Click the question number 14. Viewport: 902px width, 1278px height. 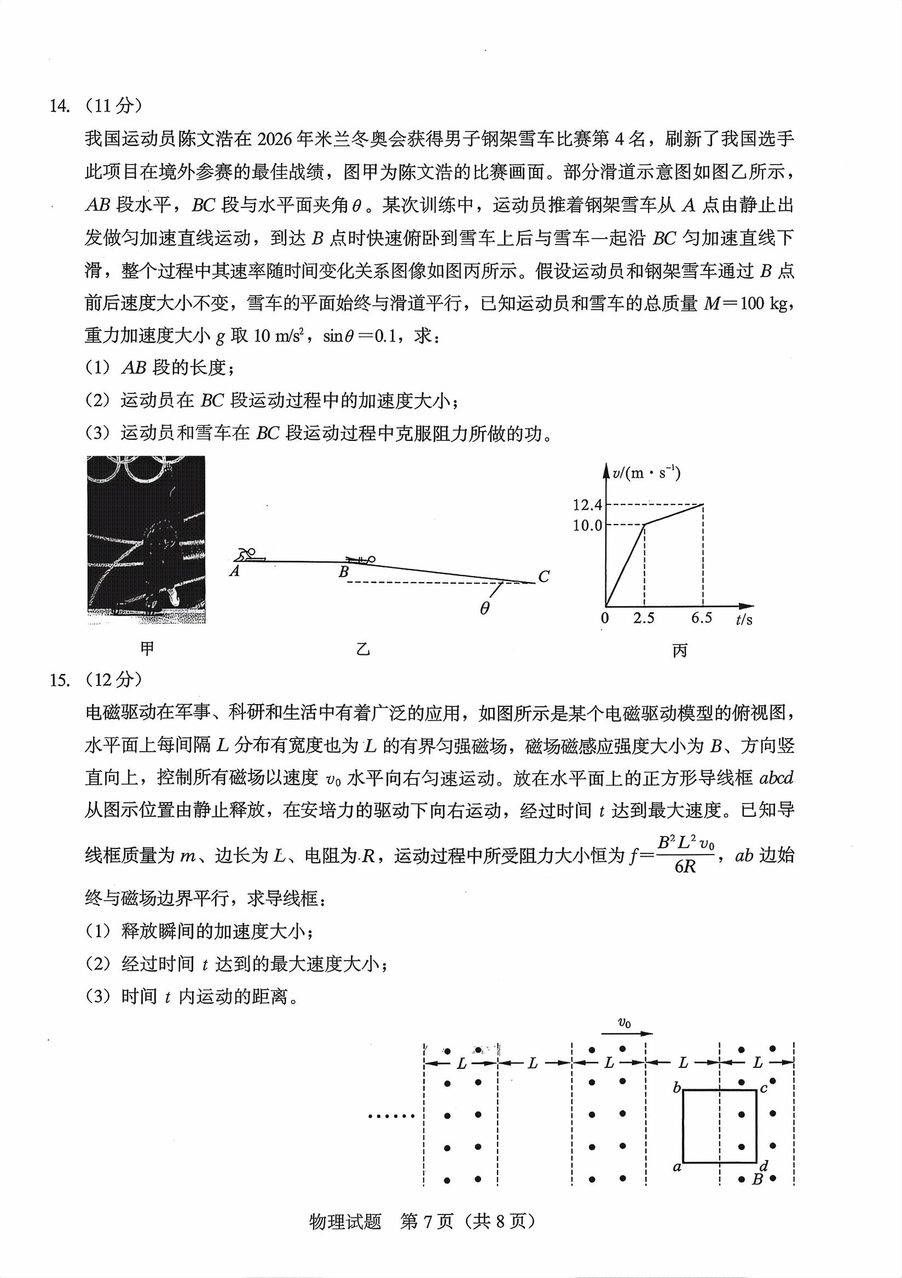[60, 106]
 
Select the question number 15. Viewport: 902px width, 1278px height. [60, 679]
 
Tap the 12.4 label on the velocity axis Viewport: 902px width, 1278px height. [587, 505]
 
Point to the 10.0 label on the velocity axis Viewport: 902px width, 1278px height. [587, 525]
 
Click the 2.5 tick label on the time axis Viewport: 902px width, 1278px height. [644, 618]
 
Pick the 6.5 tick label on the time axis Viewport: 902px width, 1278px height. [702, 618]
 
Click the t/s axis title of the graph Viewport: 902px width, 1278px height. [744, 619]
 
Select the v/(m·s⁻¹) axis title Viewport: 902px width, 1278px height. [646, 473]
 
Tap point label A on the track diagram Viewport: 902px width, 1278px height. [234, 571]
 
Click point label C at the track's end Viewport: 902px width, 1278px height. [544, 577]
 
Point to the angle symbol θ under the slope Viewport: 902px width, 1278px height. [484, 609]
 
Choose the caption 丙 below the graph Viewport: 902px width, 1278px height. [680, 650]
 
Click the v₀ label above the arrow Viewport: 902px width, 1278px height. [625, 1022]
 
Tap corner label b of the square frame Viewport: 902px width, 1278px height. [677, 1088]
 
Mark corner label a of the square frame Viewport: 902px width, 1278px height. [677, 1167]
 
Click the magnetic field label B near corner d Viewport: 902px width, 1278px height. [758, 1179]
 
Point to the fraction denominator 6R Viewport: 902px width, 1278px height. [685, 867]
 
